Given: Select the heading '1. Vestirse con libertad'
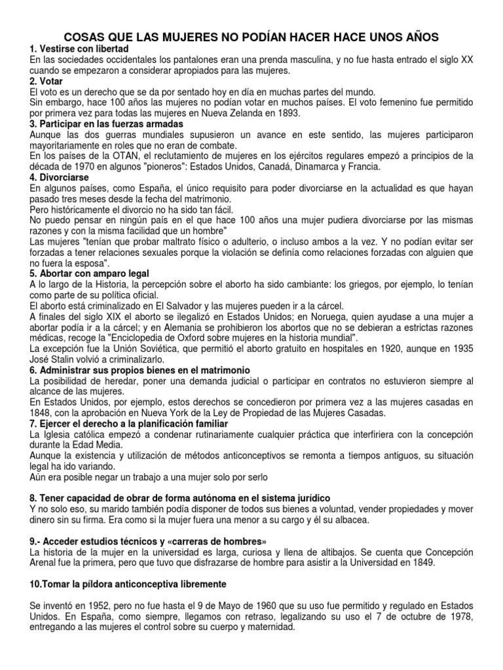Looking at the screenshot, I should [x=79, y=50].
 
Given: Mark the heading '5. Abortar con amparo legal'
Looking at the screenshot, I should [x=90, y=272].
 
